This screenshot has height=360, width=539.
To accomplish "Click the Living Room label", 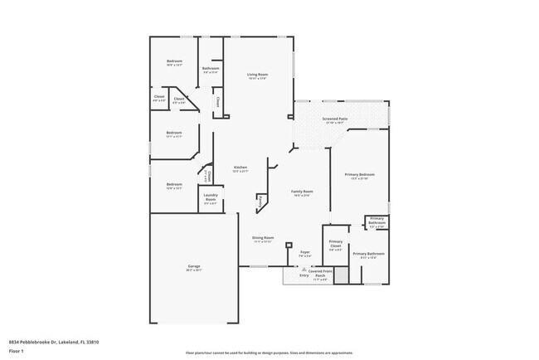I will pyautogui.click(x=257, y=75).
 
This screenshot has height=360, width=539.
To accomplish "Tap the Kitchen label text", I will pyautogui.click(x=240, y=167).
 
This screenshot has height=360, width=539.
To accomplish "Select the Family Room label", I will pyautogui.click(x=301, y=192).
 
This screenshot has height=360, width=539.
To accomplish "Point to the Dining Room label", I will pyautogui.click(x=263, y=238).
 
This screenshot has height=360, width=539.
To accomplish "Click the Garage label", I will pyautogui.click(x=193, y=266).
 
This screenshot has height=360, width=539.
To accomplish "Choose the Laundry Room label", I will pyautogui.click(x=211, y=198).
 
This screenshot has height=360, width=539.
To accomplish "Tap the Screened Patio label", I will pyautogui.click(x=335, y=119).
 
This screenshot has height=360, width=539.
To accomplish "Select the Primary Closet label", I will pyautogui.click(x=336, y=245).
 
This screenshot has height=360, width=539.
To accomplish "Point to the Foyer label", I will pyautogui.click(x=305, y=252).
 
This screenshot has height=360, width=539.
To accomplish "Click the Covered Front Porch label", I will pyautogui.click(x=321, y=272).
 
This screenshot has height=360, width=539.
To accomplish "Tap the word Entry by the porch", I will pyautogui.click(x=293, y=275).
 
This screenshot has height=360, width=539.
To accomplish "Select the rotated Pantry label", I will pyautogui.click(x=260, y=201).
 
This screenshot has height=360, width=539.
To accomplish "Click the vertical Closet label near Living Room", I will pyautogui.click(x=218, y=102).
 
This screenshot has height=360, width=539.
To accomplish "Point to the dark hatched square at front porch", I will pyautogui.click(x=339, y=276).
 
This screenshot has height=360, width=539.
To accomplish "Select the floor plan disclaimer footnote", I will pyautogui.click(x=269, y=352).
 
